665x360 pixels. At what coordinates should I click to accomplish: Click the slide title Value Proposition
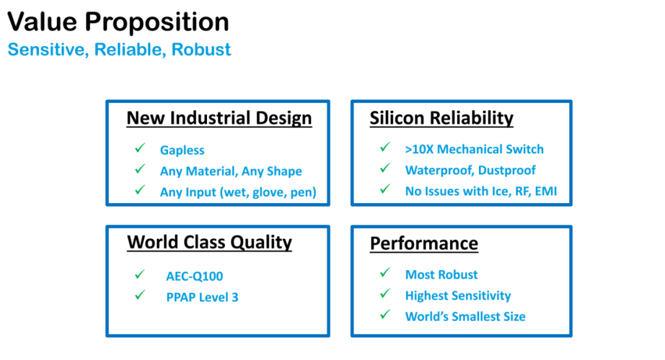coord(118,22)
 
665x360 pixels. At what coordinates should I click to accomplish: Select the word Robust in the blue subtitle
coord(201,50)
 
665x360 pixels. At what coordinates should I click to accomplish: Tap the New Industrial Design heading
coord(219,118)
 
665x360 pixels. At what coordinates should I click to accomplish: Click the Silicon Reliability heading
coord(441,118)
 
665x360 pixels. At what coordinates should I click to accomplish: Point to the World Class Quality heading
coord(209,242)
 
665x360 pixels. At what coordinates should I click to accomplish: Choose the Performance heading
coord(424,244)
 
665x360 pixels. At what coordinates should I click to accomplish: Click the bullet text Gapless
coord(182,150)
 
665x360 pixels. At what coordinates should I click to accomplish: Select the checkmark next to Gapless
coord(140,148)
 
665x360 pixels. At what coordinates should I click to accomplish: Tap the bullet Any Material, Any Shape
coord(231,171)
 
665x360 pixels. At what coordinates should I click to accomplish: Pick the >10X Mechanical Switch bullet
coord(474,150)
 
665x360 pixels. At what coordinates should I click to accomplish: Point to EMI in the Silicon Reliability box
coord(546,191)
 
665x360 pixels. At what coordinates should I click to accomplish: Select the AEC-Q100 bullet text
coord(194,276)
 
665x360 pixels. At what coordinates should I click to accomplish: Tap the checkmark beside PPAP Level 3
coord(140,295)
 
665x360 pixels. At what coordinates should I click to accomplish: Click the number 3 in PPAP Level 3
coord(235,297)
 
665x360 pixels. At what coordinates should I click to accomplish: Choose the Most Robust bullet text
coord(441,275)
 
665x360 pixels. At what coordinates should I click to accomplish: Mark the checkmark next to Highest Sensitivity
coord(385,293)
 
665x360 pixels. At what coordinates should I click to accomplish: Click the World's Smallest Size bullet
coord(465,317)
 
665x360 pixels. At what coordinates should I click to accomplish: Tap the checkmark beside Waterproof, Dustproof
coord(385,169)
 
